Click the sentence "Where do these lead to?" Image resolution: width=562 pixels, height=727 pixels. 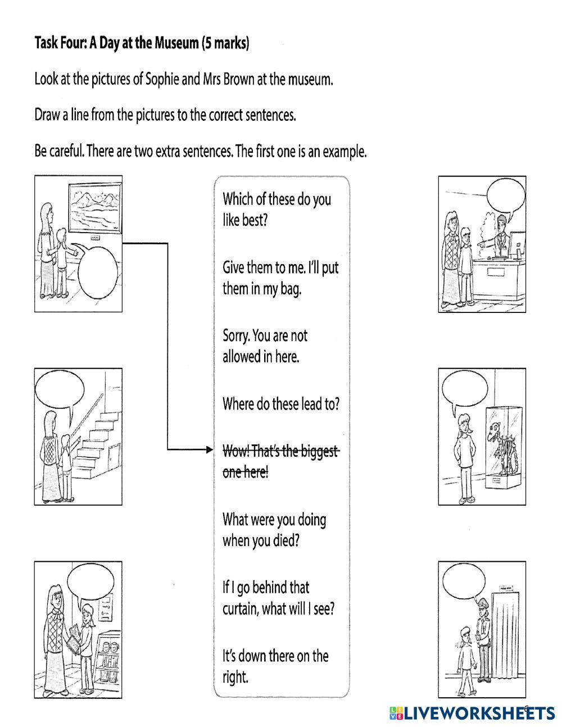tap(280, 404)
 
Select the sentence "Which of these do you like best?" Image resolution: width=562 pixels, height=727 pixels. tap(277, 209)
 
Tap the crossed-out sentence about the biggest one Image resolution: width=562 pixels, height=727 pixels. tap(280, 461)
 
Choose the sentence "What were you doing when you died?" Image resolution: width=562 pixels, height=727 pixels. tap(274, 530)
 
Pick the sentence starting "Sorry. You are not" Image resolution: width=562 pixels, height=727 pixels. tap(265, 346)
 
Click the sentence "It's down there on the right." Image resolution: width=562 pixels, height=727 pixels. tap(275, 666)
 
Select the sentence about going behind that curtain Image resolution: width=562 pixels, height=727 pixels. tap(278, 598)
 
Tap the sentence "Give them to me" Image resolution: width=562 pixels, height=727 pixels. tap(280, 278)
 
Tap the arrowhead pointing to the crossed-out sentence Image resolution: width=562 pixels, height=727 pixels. tap(209, 449)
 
